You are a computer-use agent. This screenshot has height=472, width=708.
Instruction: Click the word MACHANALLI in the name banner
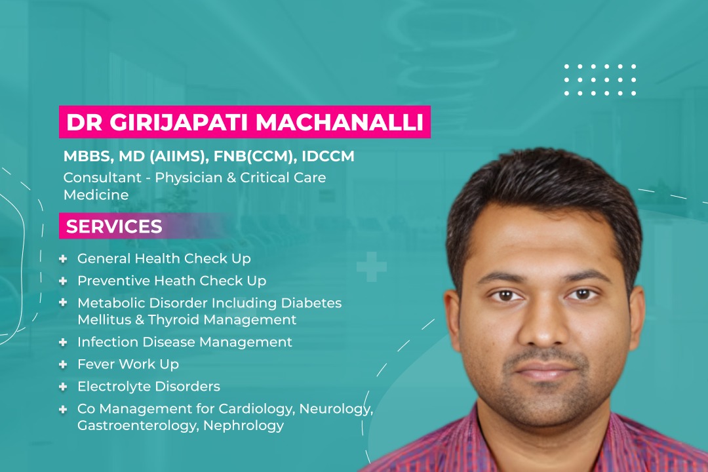pos(340,123)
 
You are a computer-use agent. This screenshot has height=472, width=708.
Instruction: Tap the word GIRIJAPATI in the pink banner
pos(179,123)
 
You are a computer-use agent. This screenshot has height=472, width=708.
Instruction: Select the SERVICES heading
pos(114,226)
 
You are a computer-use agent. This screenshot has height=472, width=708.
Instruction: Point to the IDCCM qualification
pos(328,156)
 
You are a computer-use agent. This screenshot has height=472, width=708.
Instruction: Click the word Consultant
pos(102,178)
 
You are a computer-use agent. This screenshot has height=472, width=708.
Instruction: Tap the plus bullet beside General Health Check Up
pos(63,259)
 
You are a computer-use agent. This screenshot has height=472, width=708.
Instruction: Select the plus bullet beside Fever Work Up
pos(63,364)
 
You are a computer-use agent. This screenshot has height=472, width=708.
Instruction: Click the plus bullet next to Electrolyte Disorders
pos(63,387)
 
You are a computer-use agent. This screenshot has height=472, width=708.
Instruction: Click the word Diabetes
pos(311,303)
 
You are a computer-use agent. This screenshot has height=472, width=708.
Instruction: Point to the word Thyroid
pos(174,320)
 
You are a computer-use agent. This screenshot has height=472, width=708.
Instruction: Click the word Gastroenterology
pos(137,425)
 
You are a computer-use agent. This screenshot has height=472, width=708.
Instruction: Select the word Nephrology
pos(243,425)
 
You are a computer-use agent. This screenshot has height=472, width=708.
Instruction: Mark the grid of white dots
pos(600,80)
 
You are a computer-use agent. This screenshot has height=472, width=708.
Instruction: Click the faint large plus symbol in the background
pos(372,267)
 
